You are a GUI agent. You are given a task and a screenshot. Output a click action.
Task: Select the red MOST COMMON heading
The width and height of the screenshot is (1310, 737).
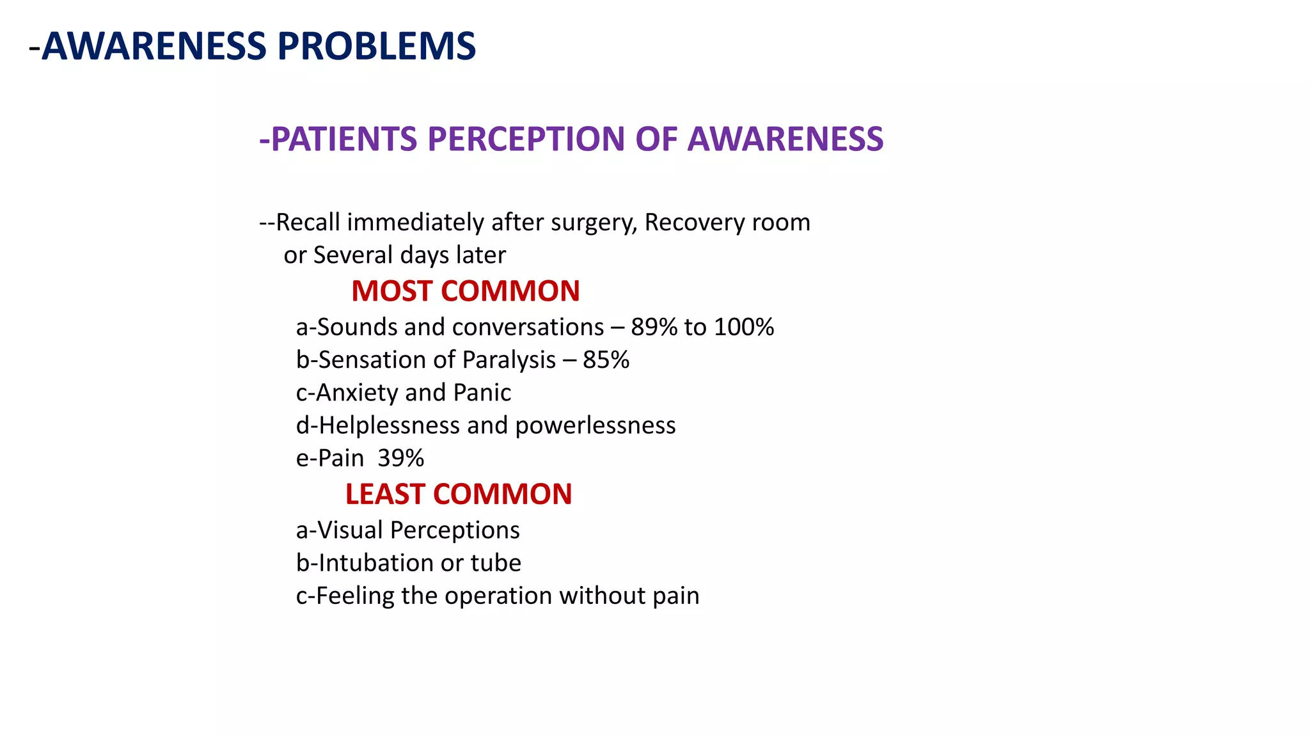click(465, 291)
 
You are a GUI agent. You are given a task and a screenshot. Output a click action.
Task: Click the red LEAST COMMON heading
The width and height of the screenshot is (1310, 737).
click(458, 494)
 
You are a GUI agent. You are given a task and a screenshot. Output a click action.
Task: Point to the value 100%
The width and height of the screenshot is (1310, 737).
click(744, 327)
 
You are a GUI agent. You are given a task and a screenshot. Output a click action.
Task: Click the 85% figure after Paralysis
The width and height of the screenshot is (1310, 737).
click(606, 360)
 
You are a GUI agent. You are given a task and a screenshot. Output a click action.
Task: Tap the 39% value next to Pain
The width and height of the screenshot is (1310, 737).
click(400, 458)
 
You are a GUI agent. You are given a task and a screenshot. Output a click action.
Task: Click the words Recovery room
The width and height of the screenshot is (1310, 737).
click(727, 223)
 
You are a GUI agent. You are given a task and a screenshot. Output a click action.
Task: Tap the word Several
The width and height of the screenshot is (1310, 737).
click(351, 255)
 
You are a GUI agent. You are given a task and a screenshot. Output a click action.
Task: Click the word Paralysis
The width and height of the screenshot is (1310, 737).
click(509, 360)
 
